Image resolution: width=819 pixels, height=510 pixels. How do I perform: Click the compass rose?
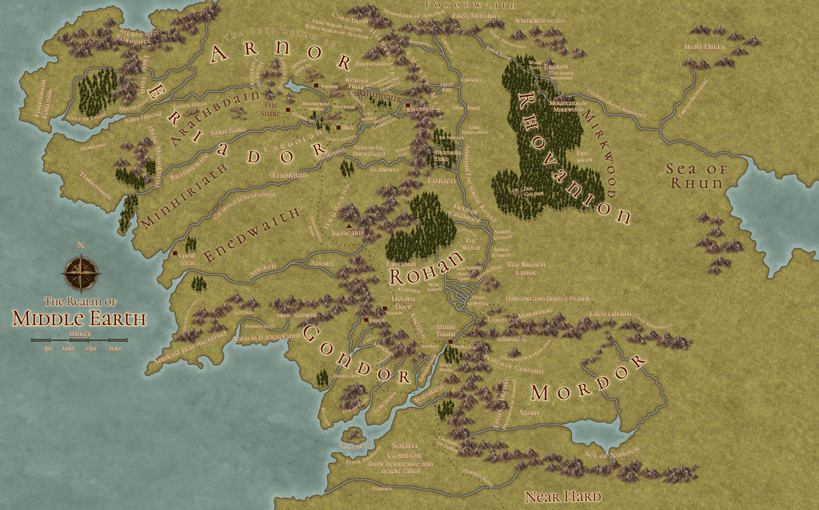[81, 273]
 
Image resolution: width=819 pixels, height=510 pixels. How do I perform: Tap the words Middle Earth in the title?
[79, 319]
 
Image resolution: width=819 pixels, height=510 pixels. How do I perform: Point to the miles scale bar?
[80, 340]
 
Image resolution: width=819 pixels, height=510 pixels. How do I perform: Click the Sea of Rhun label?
[696, 176]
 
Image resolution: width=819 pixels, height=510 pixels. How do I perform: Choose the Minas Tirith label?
[445, 331]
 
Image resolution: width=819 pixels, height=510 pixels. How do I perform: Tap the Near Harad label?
[561, 496]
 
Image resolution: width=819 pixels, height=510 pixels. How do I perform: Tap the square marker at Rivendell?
[407, 106]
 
